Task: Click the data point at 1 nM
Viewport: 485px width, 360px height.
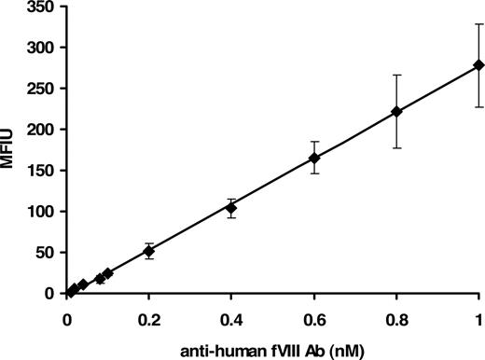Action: [478, 64]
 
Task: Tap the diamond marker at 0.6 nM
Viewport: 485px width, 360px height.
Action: [313, 158]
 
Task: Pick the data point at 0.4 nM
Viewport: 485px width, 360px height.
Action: [231, 208]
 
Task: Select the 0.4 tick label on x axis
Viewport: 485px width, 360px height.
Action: [231, 317]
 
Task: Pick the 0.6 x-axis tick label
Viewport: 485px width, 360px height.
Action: [313, 317]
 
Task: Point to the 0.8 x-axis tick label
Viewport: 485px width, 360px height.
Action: [396, 317]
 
